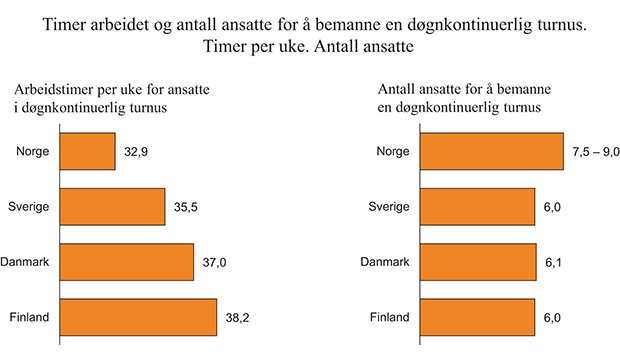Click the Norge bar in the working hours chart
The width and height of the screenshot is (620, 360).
pyautogui.click(x=88, y=151)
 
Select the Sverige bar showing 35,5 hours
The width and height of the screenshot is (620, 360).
pyautogui.click(x=113, y=207)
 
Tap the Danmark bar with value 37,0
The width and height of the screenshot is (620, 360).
pyautogui.click(x=127, y=262)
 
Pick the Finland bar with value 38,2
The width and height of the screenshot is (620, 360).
pyautogui.click(x=139, y=317)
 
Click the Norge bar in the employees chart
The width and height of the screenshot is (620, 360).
pyautogui.click(x=492, y=151)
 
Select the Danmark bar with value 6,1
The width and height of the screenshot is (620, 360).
pyautogui.click(x=478, y=262)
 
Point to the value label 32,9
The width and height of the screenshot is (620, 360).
pyautogui.click(x=138, y=152)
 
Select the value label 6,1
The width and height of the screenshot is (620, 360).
pyautogui.click(x=556, y=263)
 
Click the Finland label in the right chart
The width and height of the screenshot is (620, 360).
pyautogui.click(x=391, y=317)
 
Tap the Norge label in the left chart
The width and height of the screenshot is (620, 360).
pyautogui.click(x=35, y=151)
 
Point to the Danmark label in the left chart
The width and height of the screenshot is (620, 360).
pyautogui.click(x=29, y=262)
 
